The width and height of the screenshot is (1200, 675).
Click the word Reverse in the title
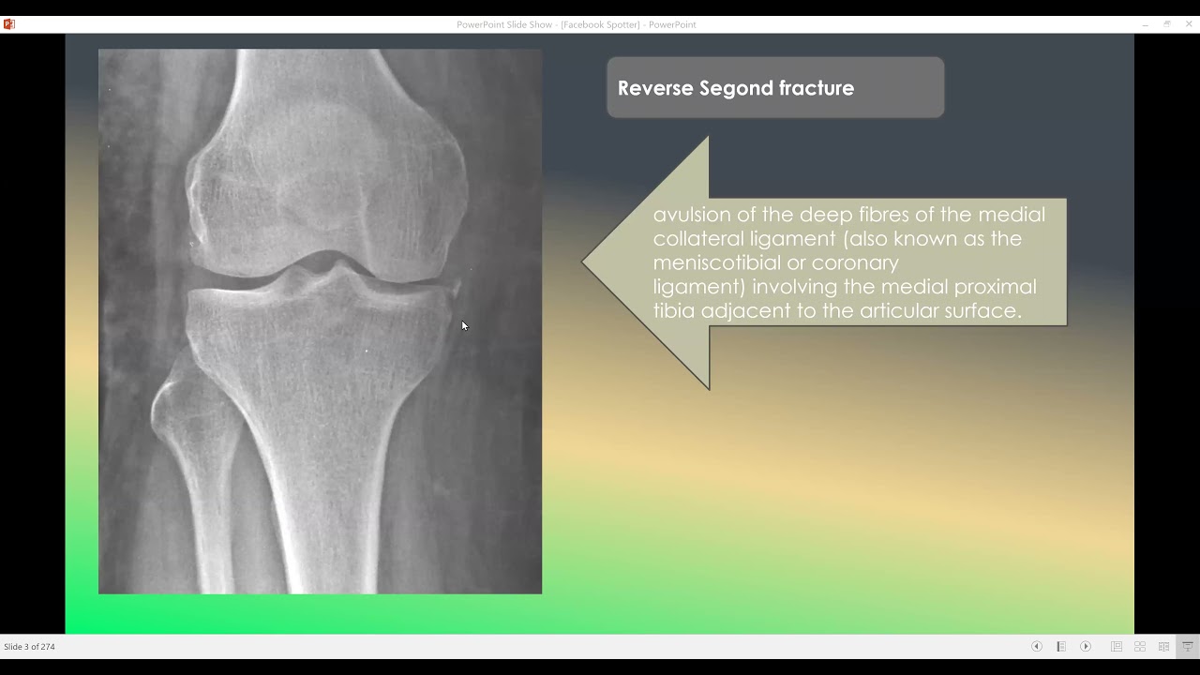pos(655,88)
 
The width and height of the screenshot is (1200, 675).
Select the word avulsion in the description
pos(692,215)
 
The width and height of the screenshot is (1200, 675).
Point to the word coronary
pos(855,262)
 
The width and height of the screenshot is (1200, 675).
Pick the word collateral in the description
pos(698,238)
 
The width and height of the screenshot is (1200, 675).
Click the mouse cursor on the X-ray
pos(464,325)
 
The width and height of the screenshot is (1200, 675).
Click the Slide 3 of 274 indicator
pos(29,647)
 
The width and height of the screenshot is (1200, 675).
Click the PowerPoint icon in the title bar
pos(8,24)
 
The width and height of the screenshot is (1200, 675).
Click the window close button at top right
pos(1189,24)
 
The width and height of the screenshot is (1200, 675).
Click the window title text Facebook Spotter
pos(600,24)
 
